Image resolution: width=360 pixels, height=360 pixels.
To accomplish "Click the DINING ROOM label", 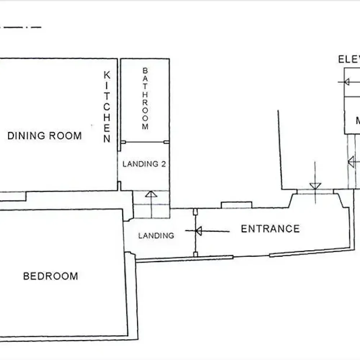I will click(x=45, y=136).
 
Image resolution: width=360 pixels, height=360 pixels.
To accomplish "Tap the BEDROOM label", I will click(x=50, y=276).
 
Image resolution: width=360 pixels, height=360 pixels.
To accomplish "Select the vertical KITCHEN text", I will click(x=107, y=107).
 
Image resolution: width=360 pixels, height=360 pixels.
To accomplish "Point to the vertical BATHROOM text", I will click(x=145, y=98).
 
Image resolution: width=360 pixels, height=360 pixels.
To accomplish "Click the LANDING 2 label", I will click(x=144, y=164).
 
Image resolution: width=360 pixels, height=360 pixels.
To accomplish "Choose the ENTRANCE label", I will click(x=270, y=229).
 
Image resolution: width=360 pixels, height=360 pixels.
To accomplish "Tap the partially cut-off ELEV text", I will click(x=348, y=59).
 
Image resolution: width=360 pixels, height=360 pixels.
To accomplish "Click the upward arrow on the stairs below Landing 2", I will click(x=151, y=195).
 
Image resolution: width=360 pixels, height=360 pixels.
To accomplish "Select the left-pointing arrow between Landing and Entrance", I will click(x=198, y=231).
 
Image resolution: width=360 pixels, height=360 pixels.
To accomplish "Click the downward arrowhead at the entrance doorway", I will click(x=315, y=186).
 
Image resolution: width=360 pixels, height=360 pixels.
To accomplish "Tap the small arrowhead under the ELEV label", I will click(x=347, y=82).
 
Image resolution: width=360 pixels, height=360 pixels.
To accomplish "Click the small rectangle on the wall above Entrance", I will click(x=236, y=205).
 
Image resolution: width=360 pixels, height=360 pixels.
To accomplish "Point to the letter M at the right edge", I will click(x=357, y=121).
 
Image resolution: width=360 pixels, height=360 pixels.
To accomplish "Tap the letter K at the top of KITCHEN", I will click(x=107, y=75).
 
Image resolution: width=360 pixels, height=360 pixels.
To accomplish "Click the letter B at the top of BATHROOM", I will click(x=145, y=70).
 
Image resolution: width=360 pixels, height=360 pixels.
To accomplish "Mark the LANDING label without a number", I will click(x=156, y=236).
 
